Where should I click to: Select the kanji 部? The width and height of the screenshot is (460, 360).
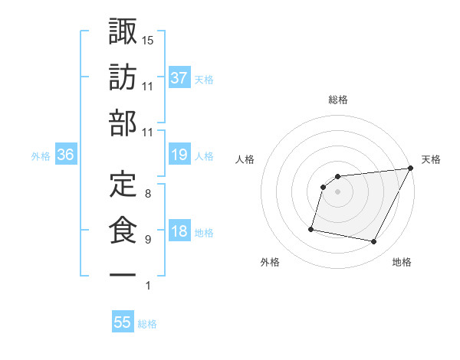tap(123, 123)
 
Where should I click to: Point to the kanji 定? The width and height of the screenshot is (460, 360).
tap(123, 184)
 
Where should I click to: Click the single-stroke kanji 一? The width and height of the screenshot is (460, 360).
tap(123, 274)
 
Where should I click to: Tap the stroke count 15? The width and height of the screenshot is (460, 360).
tap(148, 39)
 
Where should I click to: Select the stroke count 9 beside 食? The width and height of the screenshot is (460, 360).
tap(147, 240)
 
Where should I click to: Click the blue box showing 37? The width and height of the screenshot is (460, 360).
tap(179, 78)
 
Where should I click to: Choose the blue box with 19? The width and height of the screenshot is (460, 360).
tap(179, 155)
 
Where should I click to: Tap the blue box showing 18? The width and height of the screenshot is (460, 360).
tap(179, 232)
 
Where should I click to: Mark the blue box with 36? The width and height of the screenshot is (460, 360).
tap(65, 155)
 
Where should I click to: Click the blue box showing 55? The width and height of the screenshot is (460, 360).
tap(123, 322)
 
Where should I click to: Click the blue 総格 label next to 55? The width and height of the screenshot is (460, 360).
tap(147, 324)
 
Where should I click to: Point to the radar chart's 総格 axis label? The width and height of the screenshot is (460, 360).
tap(337, 100)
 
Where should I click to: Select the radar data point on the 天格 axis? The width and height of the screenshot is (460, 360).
tap(411, 169)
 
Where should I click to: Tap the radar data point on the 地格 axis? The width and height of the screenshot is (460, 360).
tap(374, 242)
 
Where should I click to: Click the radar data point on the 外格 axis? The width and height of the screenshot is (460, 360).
tap(311, 228)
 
